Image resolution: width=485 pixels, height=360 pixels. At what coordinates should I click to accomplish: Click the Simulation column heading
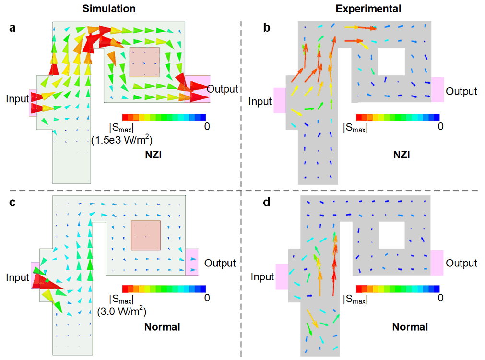click(x=108, y=9)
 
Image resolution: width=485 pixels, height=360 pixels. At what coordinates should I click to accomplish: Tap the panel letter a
click(x=12, y=28)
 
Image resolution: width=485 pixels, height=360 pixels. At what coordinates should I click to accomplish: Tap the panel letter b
click(x=267, y=28)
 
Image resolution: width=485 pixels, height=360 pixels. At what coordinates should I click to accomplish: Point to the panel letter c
click(x=12, y=203)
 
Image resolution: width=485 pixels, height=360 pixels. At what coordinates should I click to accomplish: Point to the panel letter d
click(x=267, y=203)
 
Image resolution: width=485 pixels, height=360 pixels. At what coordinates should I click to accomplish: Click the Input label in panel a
click(x=17, y=99)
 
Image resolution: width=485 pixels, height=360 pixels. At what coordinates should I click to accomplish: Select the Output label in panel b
click(x=461, y=91)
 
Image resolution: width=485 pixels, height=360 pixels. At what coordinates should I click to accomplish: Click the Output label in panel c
click(x=220, y=263)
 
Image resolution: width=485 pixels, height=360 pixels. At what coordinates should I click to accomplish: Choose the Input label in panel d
click(x=262, y=277)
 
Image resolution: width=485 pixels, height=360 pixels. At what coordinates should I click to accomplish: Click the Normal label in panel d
click(x=410, y=327)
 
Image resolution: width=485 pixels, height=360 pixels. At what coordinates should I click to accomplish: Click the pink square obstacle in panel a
click(x=144, y=62)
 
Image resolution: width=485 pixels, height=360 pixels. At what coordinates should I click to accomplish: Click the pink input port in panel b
click(x=280, y=100)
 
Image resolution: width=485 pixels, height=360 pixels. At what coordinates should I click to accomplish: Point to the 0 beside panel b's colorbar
click(x=440, y=126)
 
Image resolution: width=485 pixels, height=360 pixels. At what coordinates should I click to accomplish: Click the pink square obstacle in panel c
click(x=146, y=235)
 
